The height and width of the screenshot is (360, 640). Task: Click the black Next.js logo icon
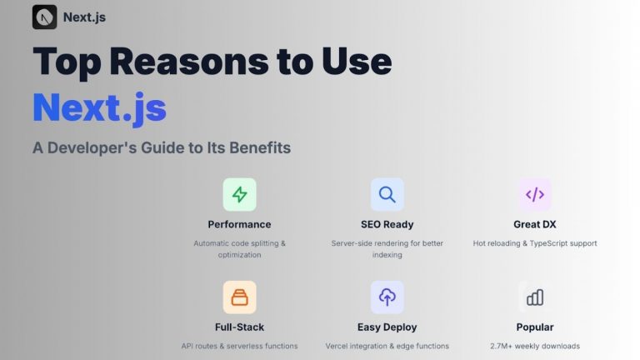coord(44,17)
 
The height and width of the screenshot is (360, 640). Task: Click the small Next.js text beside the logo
coord(84,17)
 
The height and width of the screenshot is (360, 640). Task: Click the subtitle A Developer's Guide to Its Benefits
coord(162,147)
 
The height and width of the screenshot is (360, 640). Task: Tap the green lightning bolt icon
coord(239,194)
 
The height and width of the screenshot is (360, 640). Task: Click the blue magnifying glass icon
coord(387,194)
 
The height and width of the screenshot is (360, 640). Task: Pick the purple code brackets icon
coord(534,194)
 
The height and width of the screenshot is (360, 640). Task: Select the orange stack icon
coord(239,297)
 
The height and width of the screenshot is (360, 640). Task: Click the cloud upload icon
coord(387,297)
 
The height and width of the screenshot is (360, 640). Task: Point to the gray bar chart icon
coord(534,297)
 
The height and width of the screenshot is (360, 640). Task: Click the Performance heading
coord(239,224)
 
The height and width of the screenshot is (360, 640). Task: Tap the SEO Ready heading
coord(387,224)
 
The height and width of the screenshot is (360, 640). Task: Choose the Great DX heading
coord(534,224)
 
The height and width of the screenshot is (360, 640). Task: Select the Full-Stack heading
coord(239,327)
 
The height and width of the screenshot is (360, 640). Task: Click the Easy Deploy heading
coord(387,327)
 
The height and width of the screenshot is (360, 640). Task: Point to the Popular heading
coord(534,327)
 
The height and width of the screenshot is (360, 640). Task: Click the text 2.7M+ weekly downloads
coord(534,346)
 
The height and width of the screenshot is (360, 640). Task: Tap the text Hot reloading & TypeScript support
coord(534,243)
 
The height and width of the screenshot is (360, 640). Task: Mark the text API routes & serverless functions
coord(239,346)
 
